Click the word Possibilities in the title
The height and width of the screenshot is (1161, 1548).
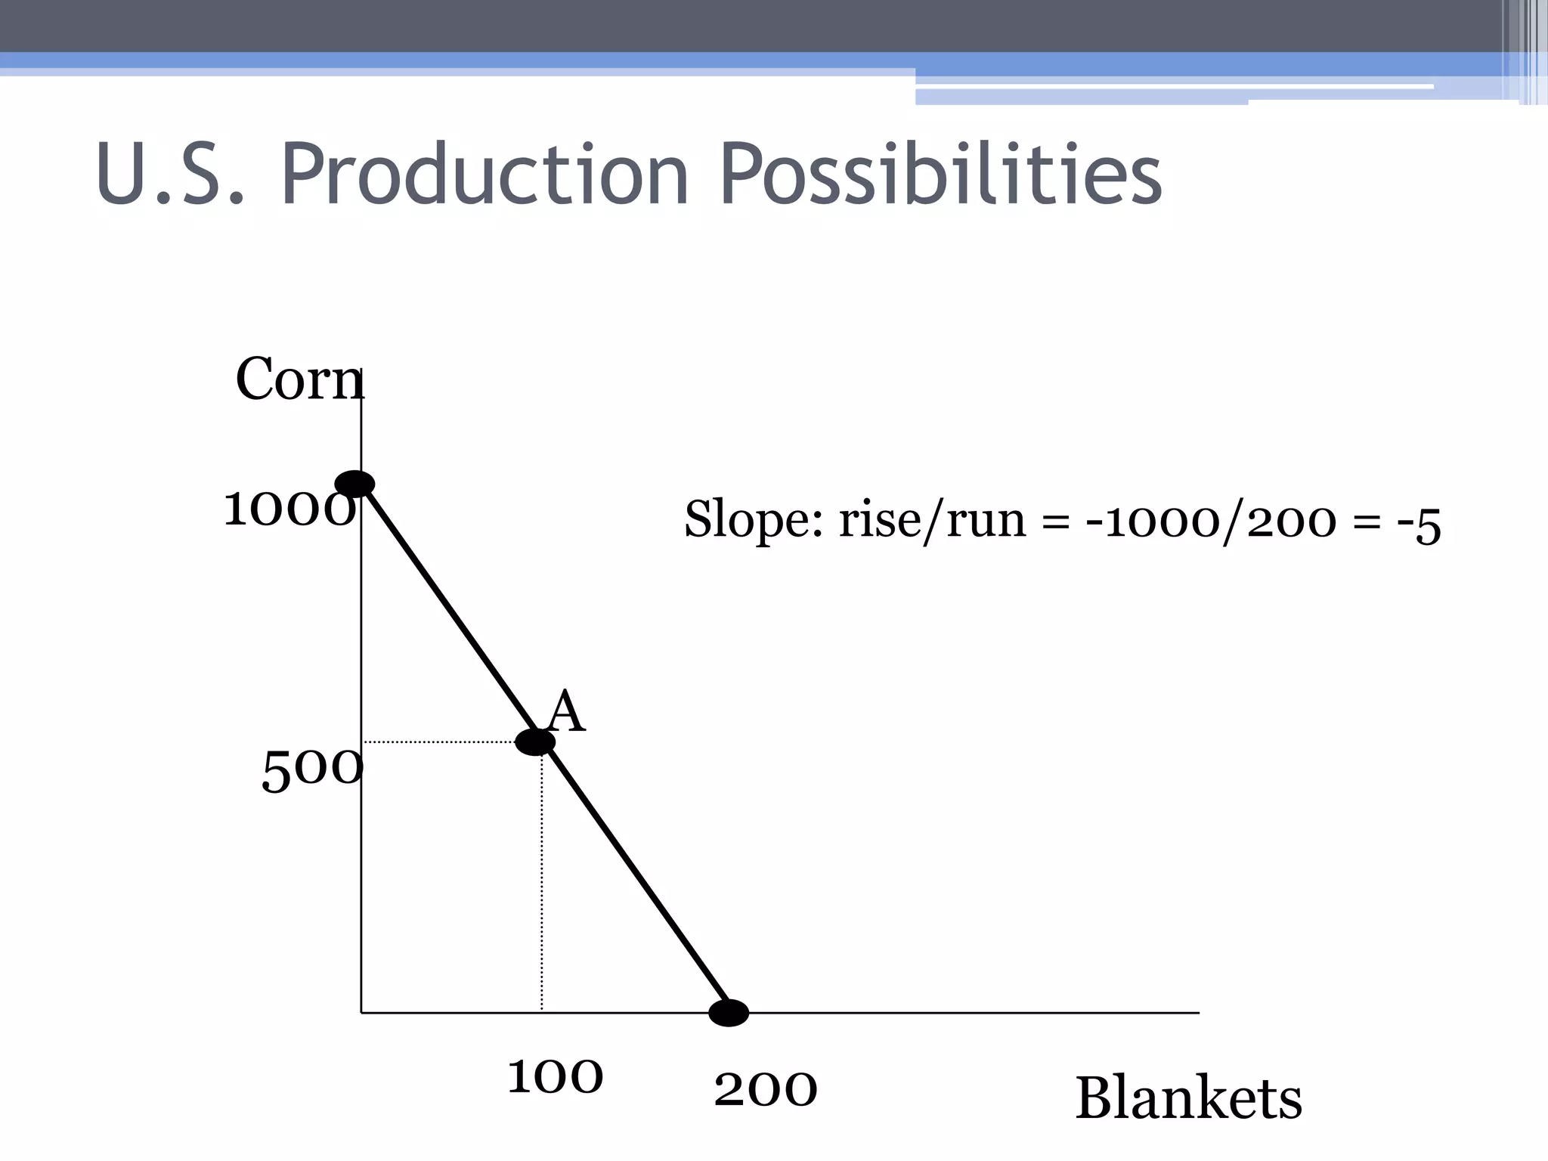tap(940, 175)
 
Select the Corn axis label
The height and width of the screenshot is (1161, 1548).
tap(300, 379)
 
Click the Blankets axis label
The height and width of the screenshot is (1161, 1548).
tap(1188, 1098)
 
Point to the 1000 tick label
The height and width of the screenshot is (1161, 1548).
tap(289, 509)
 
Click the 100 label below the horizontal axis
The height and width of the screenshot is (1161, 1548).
tap(555, 1076)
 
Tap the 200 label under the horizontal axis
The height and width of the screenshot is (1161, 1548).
tap(765, 1089)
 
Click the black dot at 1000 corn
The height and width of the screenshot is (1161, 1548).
tap(354, 483)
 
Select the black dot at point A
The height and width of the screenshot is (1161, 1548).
tap(535, 741)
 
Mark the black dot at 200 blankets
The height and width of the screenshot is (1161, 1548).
tap(729, 1012)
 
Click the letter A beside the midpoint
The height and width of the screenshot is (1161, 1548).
tap(567, 712)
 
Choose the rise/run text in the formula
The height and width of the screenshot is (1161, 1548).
tap(932, 520)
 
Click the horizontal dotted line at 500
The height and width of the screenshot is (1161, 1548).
tap(438, 742)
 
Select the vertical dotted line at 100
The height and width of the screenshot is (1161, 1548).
tap(542, 884)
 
